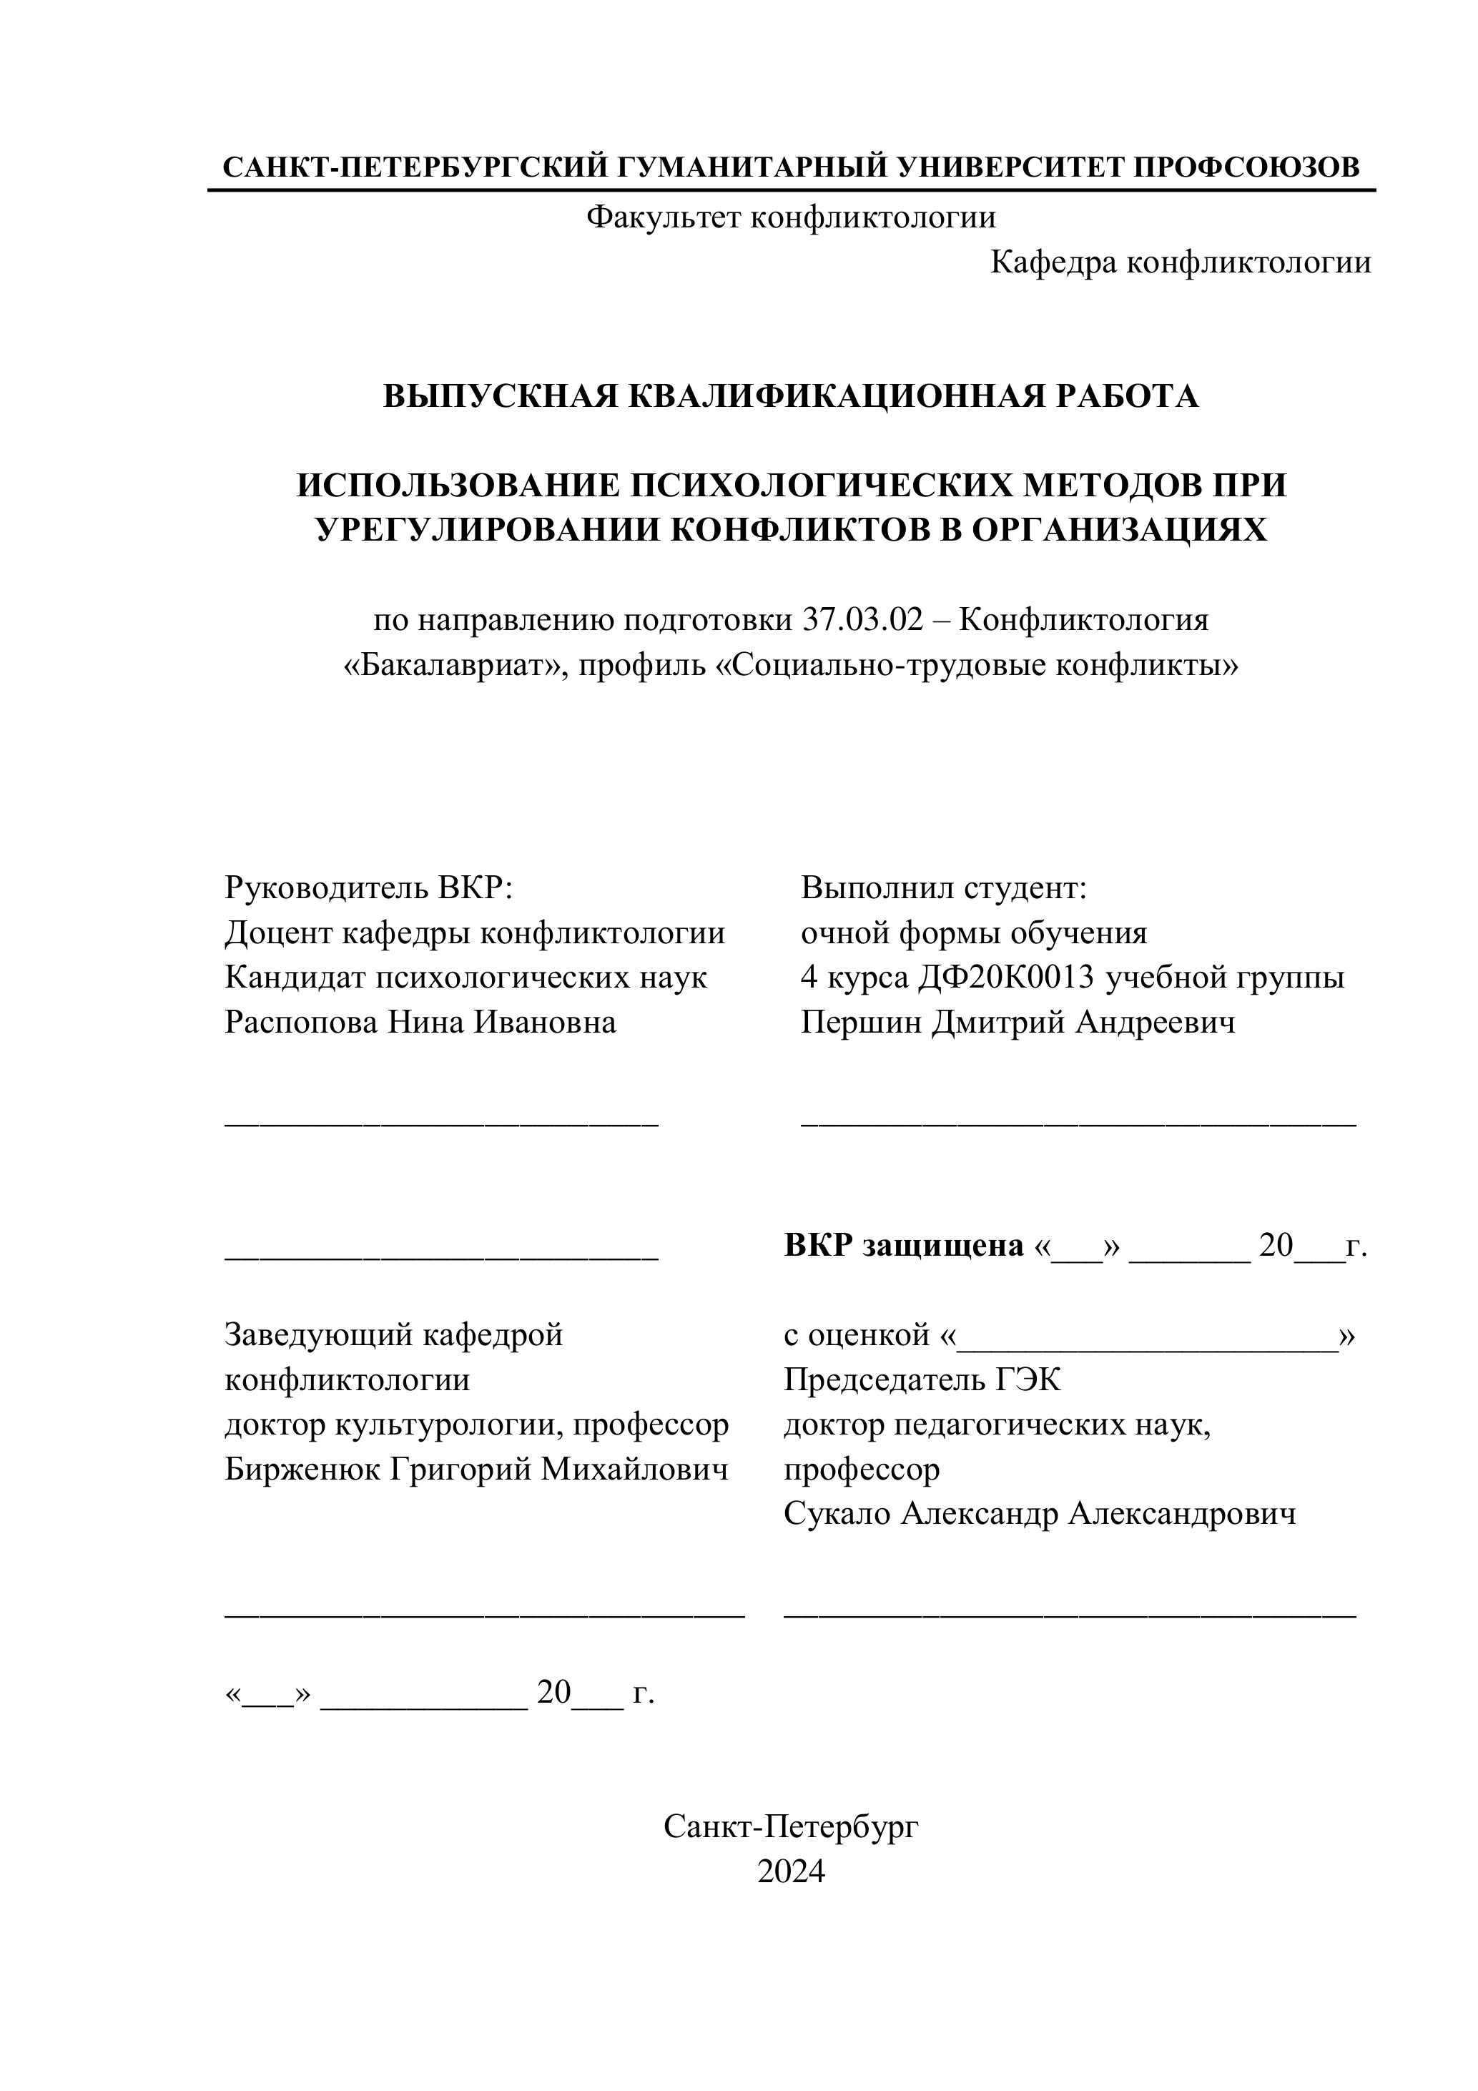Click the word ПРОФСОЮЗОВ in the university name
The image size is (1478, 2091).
click(x=1247, y=167)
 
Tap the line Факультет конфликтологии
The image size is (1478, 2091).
click(x=790, y=217)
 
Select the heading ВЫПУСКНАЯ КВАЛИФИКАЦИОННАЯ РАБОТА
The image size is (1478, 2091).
click(x=790, y=396)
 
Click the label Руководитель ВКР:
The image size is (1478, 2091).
click(x=369, y=888)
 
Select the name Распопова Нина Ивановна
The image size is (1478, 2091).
click(x=420, y=1022)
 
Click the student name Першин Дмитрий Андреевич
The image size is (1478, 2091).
click(x=1018, y=1022)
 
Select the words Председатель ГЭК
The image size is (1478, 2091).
click(x=922, y=1379)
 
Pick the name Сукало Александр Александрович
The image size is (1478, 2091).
click(x=1039, y=1514)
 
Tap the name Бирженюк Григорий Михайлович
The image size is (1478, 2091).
click(x=476, y=1469)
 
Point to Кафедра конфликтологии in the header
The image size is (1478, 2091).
click(x=1181, y=262)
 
